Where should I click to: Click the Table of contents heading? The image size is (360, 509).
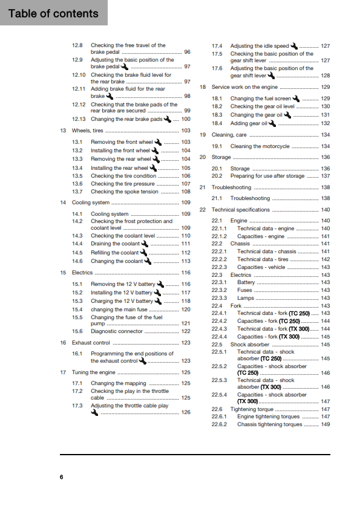click(x=53, y=13)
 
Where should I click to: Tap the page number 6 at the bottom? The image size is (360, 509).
click(x=61, y=478)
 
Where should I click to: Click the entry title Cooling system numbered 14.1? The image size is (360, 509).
click(x=110, y=214)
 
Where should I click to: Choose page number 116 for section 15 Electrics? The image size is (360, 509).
click(x=186, y=273)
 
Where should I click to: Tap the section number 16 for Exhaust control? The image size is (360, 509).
click(x=63, y=343)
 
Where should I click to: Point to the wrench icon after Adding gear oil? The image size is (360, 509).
click(x=272, y=123)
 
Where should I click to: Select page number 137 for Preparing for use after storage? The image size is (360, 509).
click(x=325, y=176)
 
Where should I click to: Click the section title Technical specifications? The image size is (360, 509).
click(x=240, y=210)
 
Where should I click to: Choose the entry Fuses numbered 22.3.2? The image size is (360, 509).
click(x=244, y=290)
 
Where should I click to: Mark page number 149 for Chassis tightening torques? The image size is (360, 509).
click(x=325, y=424)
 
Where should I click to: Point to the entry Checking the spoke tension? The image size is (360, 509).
click(x=125, y=192)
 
